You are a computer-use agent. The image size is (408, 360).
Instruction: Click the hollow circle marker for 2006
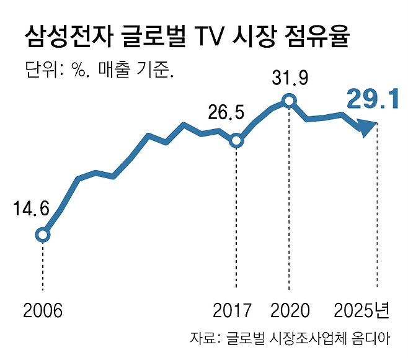(x=42, y=235)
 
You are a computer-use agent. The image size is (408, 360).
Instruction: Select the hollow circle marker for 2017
(x=236, y=141)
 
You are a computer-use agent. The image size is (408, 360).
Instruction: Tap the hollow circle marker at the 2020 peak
(x=288, y=100)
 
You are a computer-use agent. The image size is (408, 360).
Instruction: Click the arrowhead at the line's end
(x=368, y=127)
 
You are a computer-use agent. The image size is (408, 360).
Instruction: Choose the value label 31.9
(x=290, y=78)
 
